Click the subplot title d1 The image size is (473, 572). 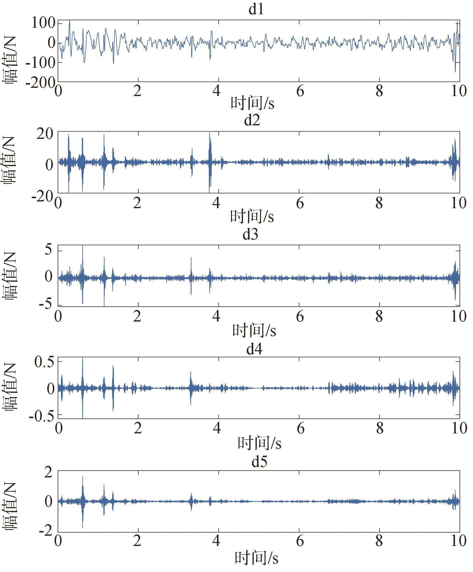pos(256,10)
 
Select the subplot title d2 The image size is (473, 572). pos(252,120)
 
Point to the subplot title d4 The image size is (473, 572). pos(254,349)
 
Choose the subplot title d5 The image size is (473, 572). pos(259,461)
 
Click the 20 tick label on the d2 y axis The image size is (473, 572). pos(45,134)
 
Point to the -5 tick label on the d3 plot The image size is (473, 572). pos(45,304)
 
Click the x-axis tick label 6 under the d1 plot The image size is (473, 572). pos(300,92)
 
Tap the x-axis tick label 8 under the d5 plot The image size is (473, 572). pos(379,541)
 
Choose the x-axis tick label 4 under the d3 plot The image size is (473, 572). pos(216,317)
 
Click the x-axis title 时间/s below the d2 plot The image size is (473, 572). pos(252,216)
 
